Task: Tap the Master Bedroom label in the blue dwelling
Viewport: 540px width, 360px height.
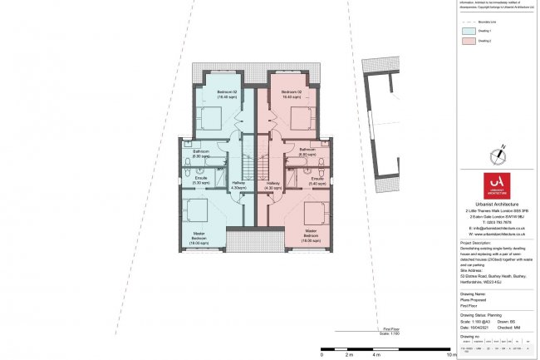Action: [199, 237]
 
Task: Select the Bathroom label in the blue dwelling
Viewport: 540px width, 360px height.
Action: [201, 154]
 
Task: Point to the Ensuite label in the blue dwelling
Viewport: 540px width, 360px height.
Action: [201, 180]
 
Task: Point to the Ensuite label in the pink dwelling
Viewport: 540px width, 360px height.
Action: [317, 180]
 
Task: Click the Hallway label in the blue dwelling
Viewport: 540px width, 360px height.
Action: [239, 185]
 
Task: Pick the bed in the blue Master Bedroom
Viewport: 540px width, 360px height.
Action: [199, 211]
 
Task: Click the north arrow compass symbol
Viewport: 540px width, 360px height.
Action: [499, 154]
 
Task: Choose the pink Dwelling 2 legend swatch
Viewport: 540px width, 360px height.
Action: [467, 41]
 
